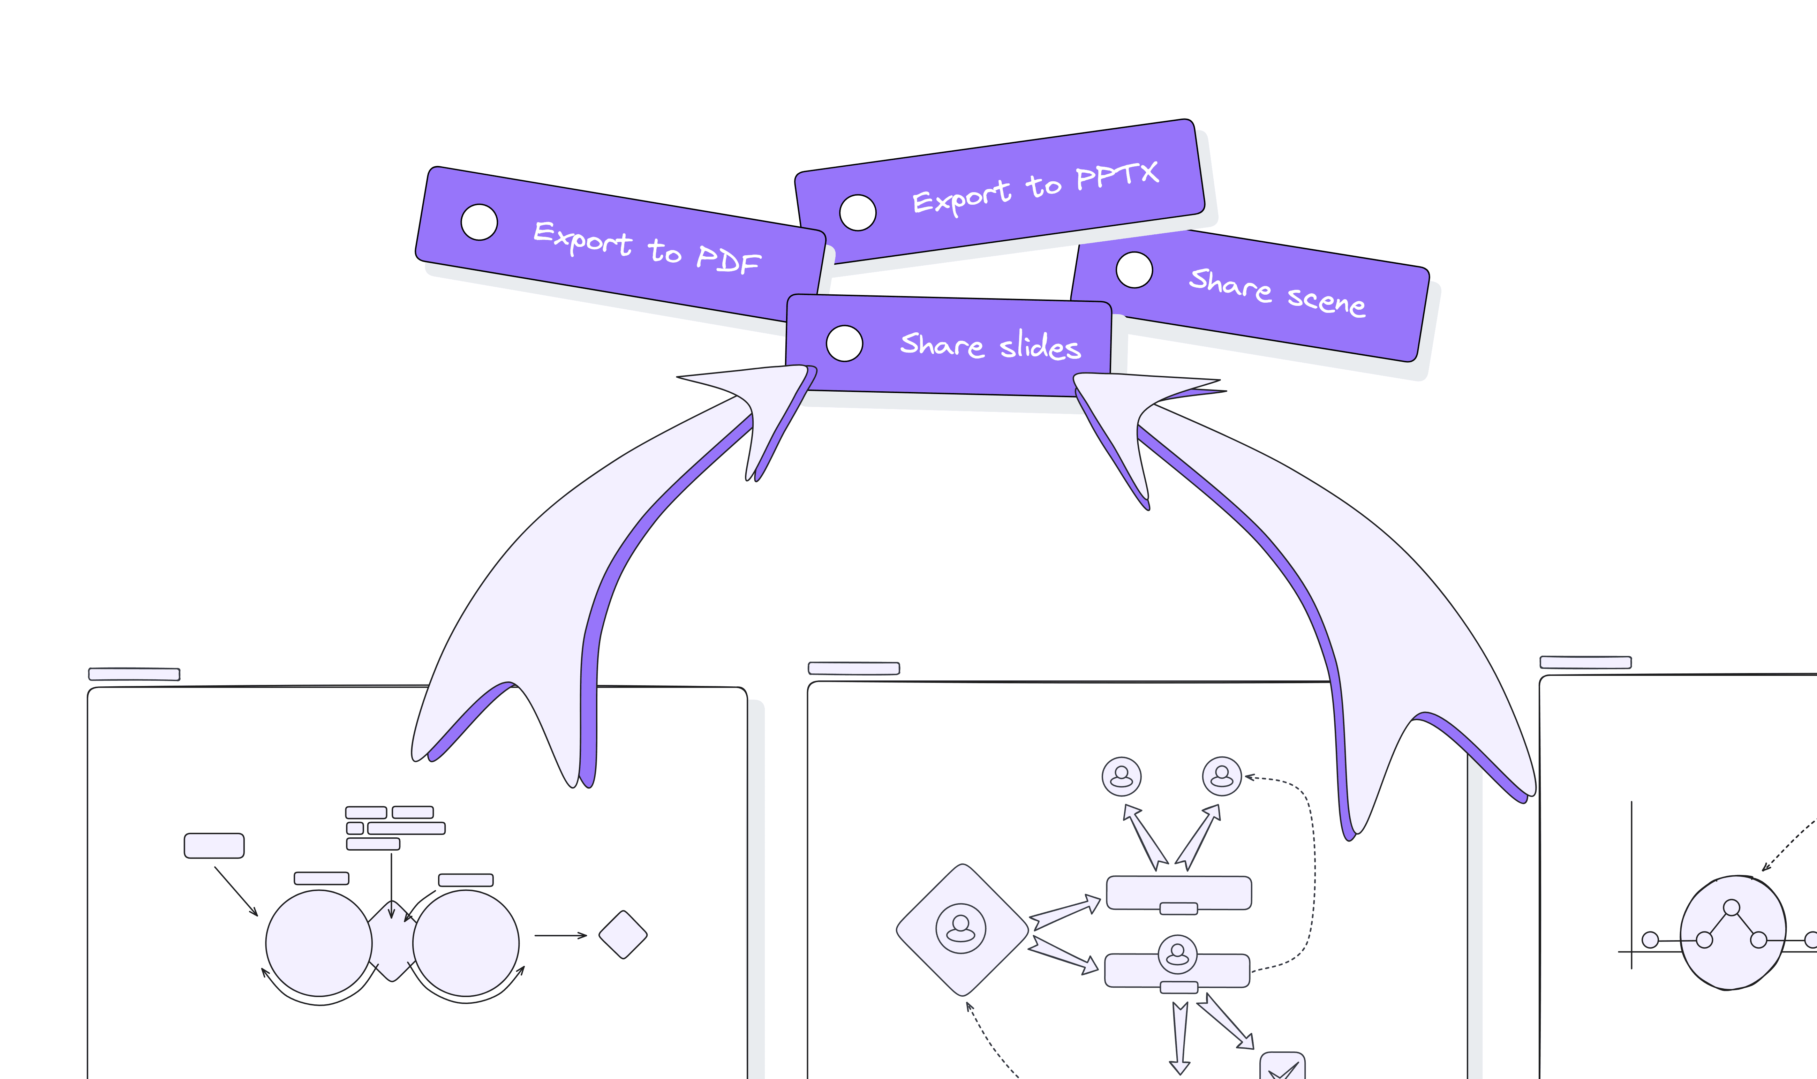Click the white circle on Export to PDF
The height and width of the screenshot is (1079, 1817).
tap(479, 222)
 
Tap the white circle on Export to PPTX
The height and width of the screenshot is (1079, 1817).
tap(858, 212)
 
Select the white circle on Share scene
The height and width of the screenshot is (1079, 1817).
tap(1134, 270)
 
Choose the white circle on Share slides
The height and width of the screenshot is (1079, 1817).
tap(844, 343)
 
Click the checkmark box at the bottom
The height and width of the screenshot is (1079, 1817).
tap(1282, 1067)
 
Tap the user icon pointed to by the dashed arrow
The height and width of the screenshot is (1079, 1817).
tap(1222, 776)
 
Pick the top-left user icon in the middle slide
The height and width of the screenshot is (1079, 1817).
tap(1121, 776)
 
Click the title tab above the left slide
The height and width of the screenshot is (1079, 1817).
tap(134, 674)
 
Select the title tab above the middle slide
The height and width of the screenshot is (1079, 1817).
tap(854, 668)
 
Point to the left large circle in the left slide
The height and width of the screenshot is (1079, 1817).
tap(318, 943)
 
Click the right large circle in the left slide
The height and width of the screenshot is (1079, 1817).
tap(465, 943)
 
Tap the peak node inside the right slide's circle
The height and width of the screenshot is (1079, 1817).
tap(1731, 907)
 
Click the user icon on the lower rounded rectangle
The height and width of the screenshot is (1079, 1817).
tap(1177, 954)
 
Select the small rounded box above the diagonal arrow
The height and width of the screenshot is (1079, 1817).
tap(214, 846)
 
